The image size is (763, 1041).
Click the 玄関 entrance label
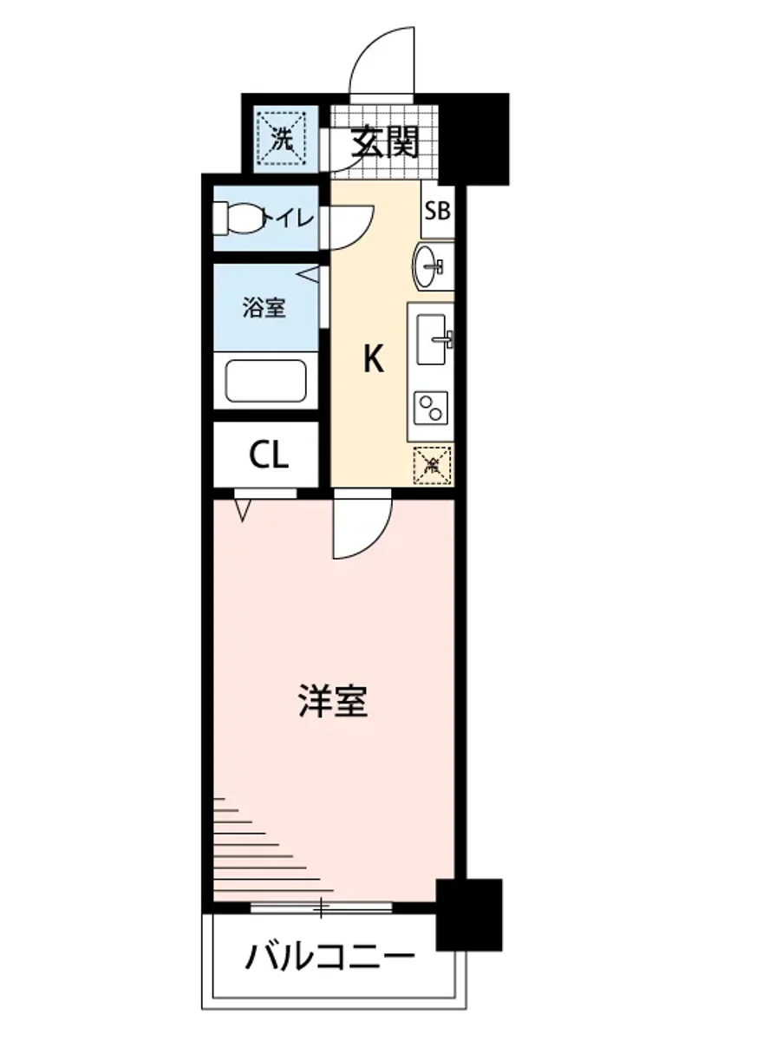click(x=385, y=141)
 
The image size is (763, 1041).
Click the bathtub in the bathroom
click(x=265, y=381)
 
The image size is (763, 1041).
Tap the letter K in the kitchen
click(x=373, y=358)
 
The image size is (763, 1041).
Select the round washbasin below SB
click(x=428, y=265)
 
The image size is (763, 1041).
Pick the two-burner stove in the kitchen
click(x=431, y=406)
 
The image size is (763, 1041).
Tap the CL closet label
click(x=269, y=455)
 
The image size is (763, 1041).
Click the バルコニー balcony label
click(x=329, y=959)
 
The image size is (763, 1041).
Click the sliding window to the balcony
click(x=321, y=907)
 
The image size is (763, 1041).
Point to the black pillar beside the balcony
click(x=469, y=914)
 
